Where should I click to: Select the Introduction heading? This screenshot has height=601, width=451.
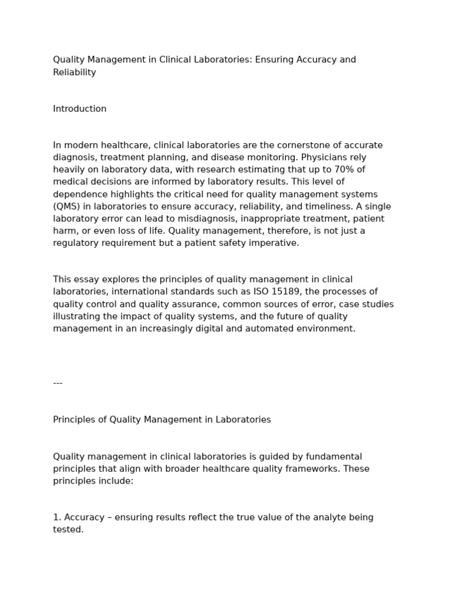coord(80,109)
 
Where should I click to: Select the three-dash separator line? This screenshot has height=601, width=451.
coord(58,383)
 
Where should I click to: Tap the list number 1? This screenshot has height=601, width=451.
coord(56,518)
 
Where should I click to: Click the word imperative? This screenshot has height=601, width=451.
coord(276,243)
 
